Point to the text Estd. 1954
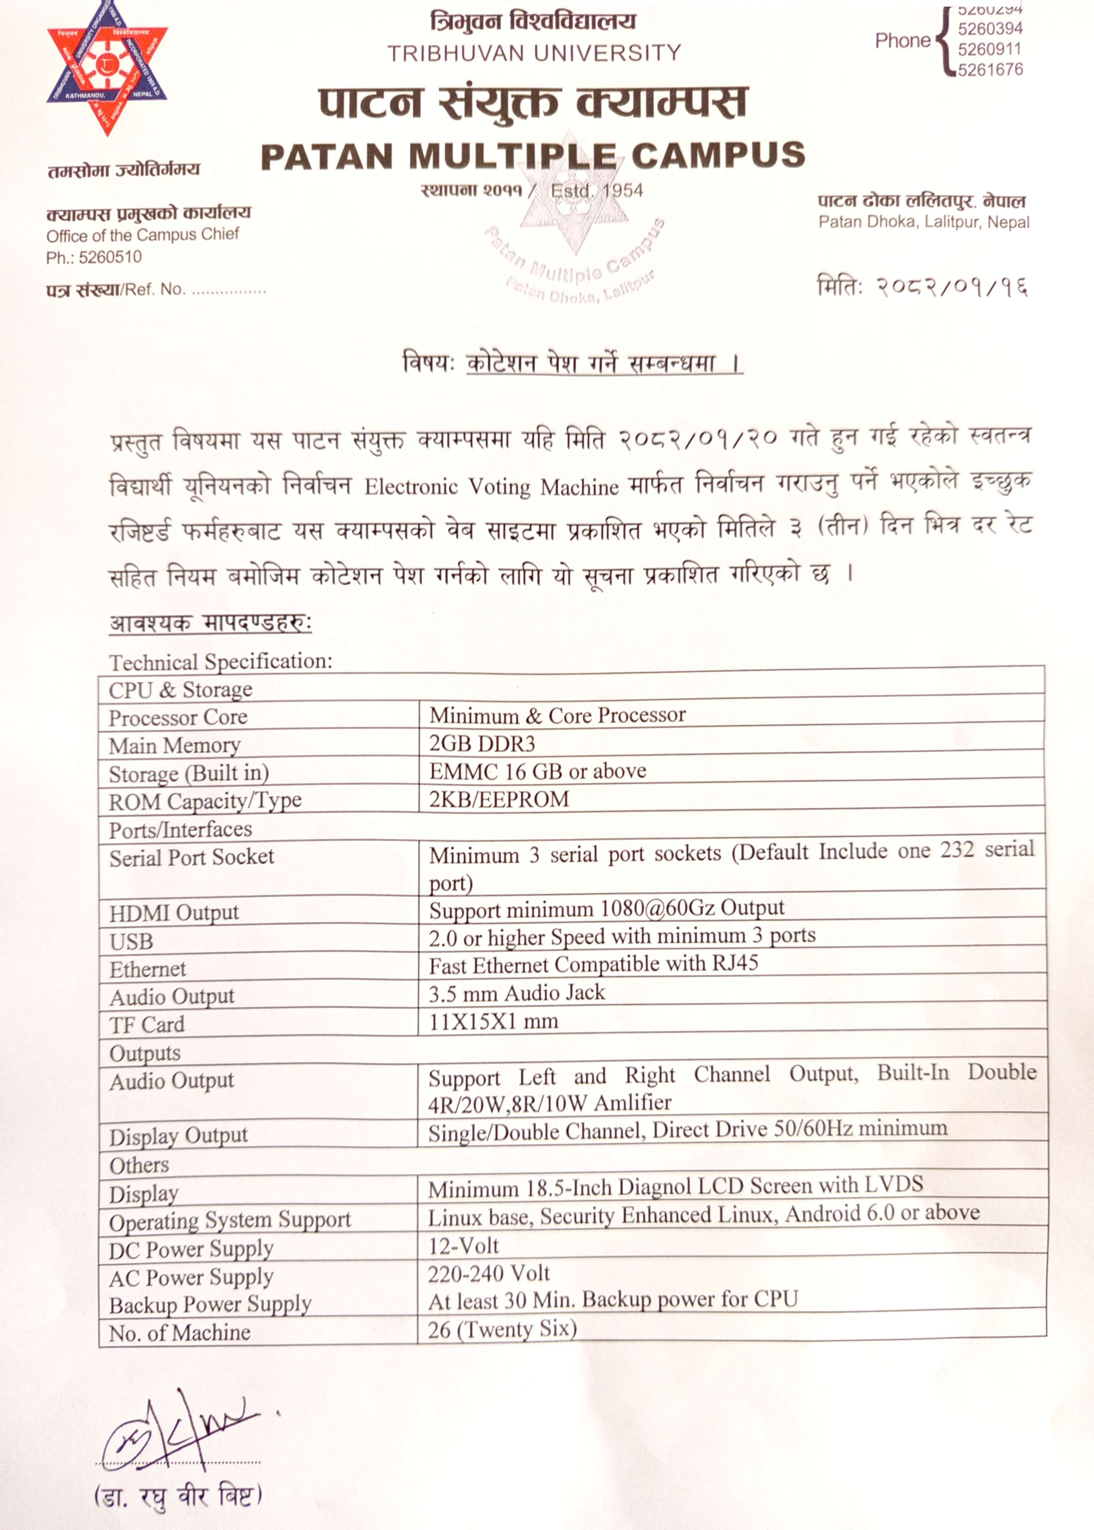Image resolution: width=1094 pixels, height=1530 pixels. (596, 191)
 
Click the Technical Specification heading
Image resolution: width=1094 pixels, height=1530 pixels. (221, 662)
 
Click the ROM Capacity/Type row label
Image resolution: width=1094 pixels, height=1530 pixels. (205, 801)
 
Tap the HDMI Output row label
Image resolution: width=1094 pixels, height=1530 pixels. (174, 913)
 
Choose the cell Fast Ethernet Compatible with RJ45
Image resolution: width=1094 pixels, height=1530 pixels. (593, 964)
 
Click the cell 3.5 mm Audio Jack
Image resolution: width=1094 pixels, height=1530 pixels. (517, 992)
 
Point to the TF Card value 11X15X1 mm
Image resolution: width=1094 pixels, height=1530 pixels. (494, 1021)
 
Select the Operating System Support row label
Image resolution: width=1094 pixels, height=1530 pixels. (230, 1220)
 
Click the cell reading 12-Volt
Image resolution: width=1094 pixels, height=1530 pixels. (463, 1246)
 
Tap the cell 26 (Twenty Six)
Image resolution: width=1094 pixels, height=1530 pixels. (502, 1329)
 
